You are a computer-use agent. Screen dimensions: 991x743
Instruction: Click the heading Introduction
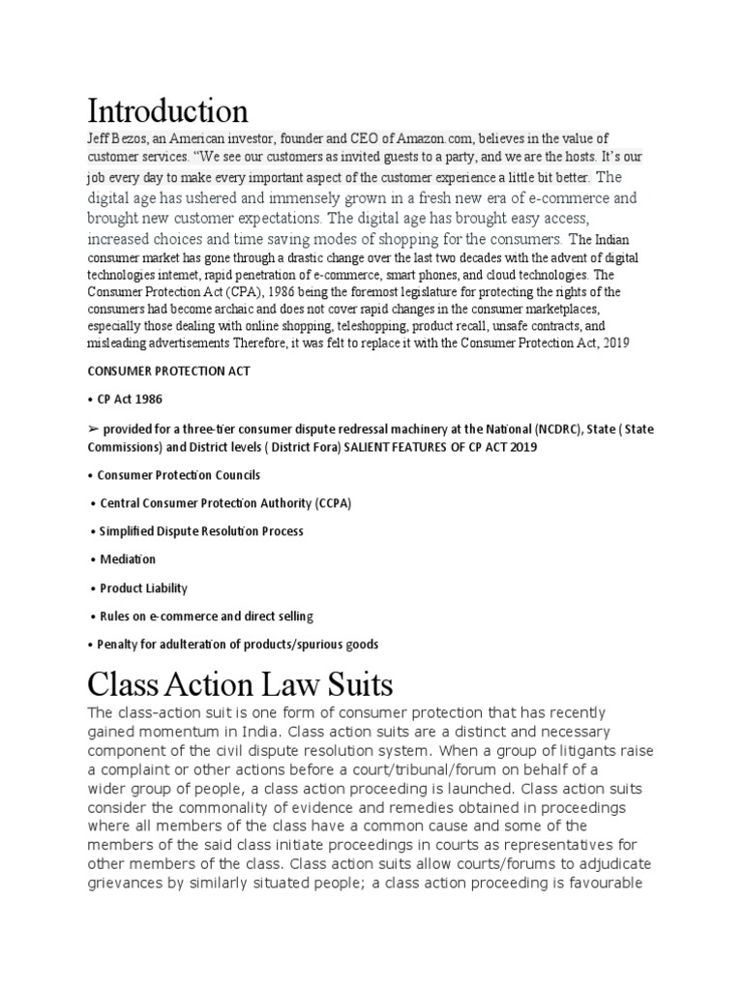pos(167,109)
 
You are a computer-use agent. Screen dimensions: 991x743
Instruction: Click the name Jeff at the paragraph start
pos(99,139)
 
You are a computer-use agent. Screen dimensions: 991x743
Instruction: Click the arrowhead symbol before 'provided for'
pos(93,429)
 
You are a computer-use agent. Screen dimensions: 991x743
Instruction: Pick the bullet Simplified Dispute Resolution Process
pos(201,531)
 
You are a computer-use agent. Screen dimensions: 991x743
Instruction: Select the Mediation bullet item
pos(128,559)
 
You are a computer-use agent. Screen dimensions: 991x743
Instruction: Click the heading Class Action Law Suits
pos(241,685)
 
